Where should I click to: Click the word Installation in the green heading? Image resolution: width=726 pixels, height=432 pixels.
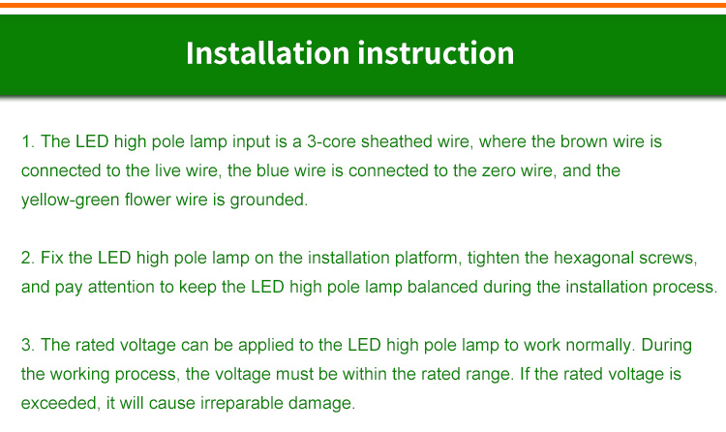(267, 53)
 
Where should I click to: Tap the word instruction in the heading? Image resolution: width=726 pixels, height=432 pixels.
(436, 53)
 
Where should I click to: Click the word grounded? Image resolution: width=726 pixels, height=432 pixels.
(268, 201)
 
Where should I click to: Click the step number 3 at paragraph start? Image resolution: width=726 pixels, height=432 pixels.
(27, 346)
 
